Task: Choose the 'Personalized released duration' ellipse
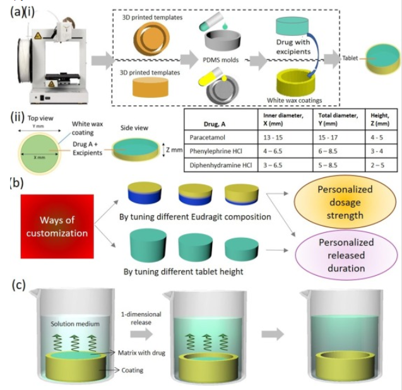pyautogui.click(x=344, y=255)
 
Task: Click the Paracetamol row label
pyautogui.click(x=208, y=136)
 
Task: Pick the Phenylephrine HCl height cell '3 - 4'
pyautogui.click(x=375, y=151)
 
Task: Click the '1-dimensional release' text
pyautogui.click(x=141, y=317)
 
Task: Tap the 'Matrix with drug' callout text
pyautogui.click(x=141, y=353)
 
